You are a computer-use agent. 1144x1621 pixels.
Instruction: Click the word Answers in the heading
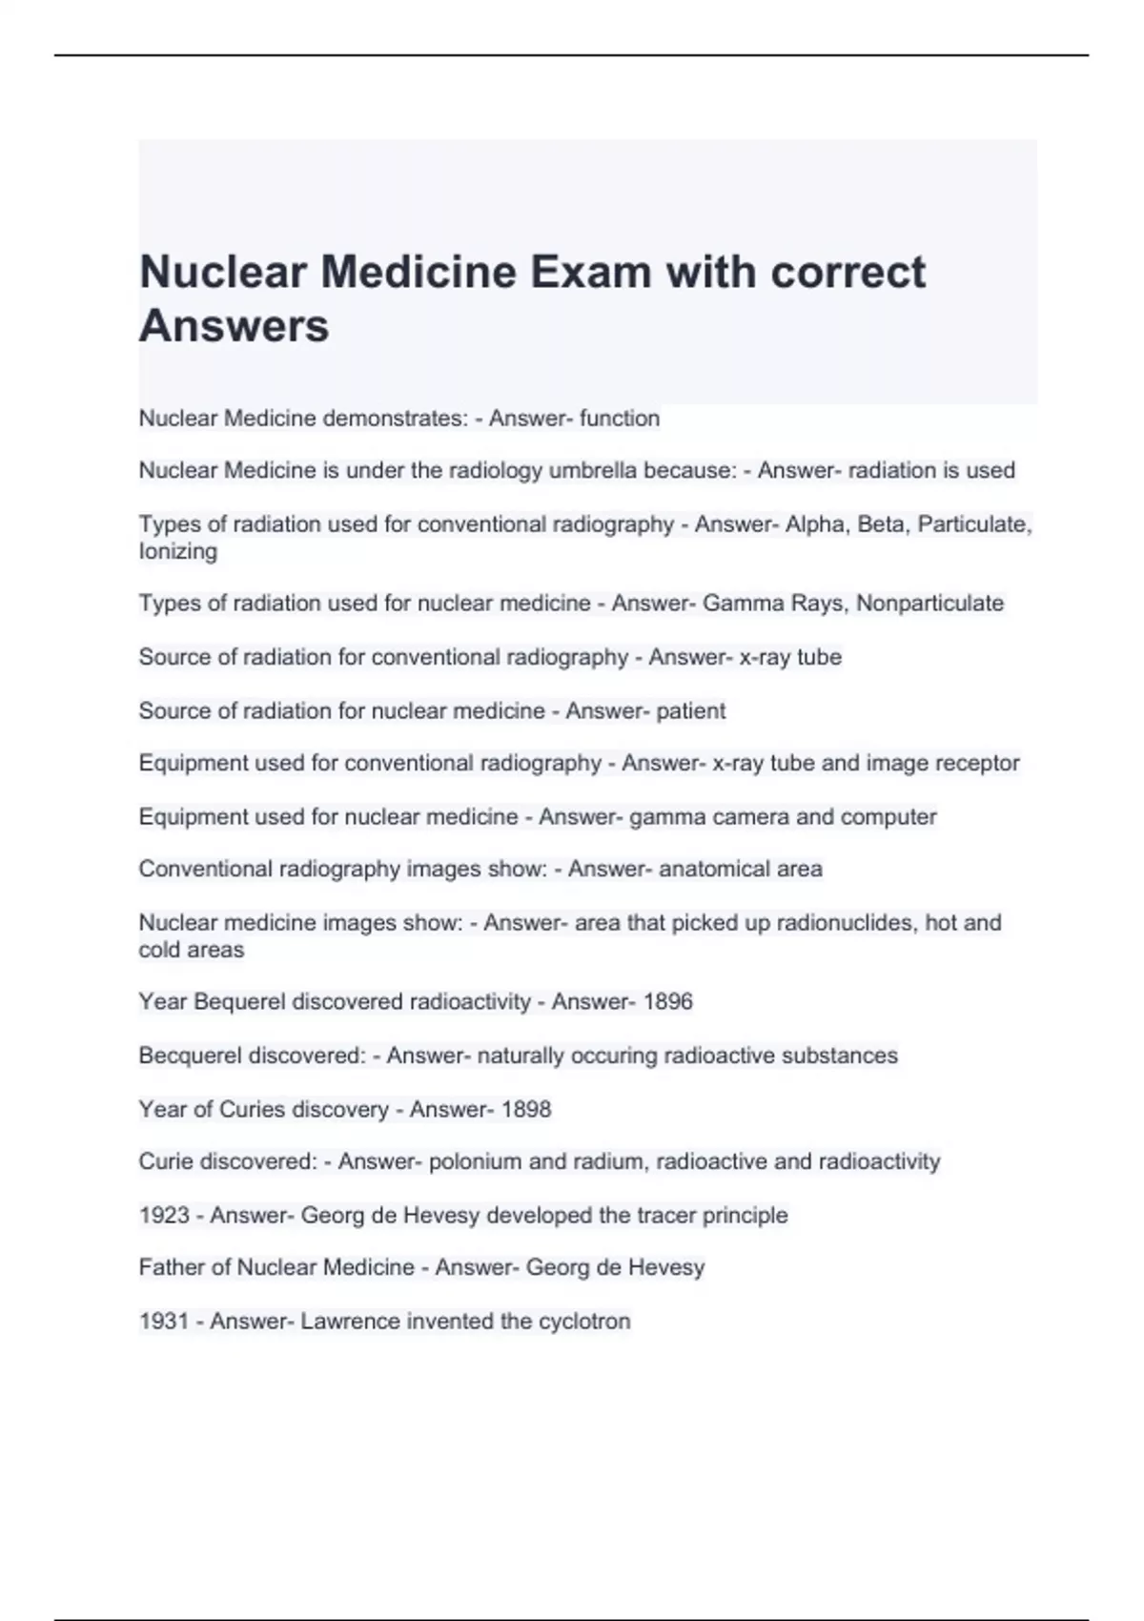(235, 326)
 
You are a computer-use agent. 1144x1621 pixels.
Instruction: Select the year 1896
(667, 1001)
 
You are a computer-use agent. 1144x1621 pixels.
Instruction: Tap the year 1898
(526, 1109)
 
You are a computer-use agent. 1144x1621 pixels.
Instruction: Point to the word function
(619, 419)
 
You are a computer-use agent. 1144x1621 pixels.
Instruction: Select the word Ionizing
(178, 551)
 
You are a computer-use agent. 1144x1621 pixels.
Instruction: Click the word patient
(690, 710)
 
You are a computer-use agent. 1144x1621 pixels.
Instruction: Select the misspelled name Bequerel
(233, 1001)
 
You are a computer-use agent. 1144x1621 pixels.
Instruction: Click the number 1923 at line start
(164, 1215)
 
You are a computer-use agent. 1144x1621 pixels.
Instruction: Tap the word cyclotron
(584, 1321)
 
